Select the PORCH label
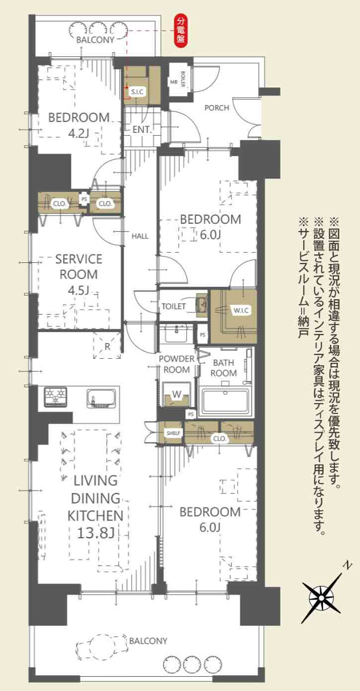[x=216, y=108]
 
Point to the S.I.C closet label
[x=137, y=91]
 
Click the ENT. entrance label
[x=142, y=129]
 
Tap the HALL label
[x=140, y=235]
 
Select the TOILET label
[x=173, y=306]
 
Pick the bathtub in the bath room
[x=225, y=401]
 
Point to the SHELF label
[x=173, y=433]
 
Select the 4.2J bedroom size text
[x=78, y=135]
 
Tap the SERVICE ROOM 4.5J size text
[x=78, y=291]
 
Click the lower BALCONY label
[x=148, y=641]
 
